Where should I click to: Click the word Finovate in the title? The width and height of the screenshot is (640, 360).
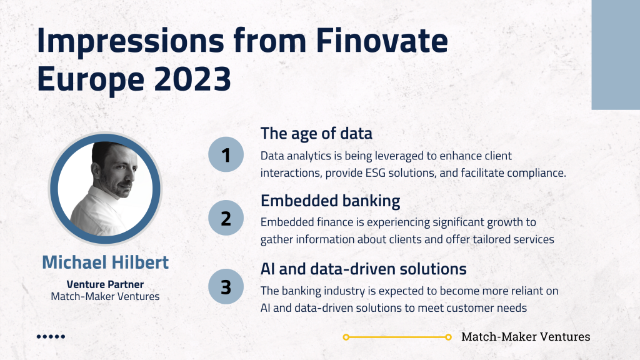pyautogui.click(x=382, y=41)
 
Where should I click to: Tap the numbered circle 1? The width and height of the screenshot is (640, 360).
pyautogui.click(x=226, y=154)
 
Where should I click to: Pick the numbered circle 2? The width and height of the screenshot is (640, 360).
pyautogui.click(x=226, y=217)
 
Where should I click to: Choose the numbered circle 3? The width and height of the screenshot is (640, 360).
pyautogui.click(x=226, y=286)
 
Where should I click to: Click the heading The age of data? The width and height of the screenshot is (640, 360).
pyautogui.click(x=316, y=134)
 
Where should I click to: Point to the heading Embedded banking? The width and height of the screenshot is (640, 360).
pyautogui.click(x=330, y=201)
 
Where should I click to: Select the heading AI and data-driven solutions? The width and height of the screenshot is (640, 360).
pyautogui.click(x=363, y=269)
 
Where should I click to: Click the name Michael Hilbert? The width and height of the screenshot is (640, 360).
pyautogui.click(x=105, y=262)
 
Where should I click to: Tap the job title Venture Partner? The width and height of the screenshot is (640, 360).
pyautogui.click(x=105, y=284)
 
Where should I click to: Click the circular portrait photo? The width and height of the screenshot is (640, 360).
pyautogui.click(x=105, y=189)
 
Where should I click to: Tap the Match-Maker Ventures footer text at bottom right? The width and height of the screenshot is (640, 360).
pyautogui.click(x=526, y=337)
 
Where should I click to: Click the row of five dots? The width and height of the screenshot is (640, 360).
pyautogui.click(x=51, y=337)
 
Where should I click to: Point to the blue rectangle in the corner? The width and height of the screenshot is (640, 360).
pyautogui.click(x=616, y=55)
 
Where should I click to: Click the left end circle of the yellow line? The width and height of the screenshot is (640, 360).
pyautogui.click(x=346, y=337)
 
